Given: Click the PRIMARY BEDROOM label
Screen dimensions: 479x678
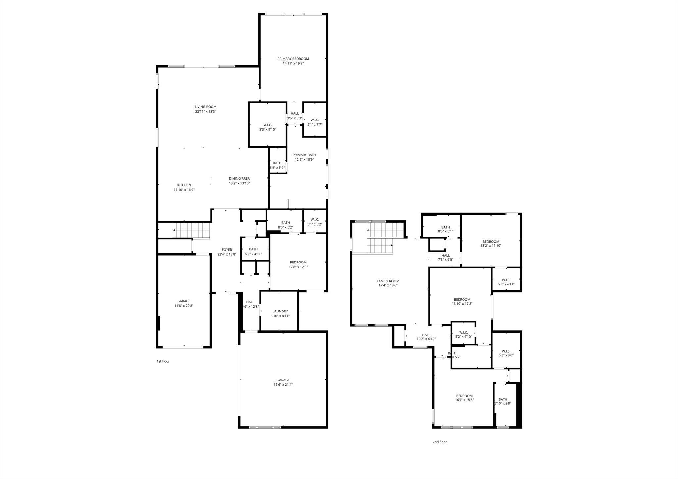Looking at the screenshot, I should point(293,59).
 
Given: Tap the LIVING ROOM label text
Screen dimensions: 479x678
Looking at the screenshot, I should point(205,107).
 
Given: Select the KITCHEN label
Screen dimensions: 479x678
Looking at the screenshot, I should point(184,185).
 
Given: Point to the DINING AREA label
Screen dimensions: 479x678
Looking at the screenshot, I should point(239,178).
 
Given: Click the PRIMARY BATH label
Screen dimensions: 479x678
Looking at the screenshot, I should point(304,155).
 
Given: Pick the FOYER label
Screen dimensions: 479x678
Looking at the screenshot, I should point(227,250).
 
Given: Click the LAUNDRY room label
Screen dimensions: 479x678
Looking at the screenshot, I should point(280,311).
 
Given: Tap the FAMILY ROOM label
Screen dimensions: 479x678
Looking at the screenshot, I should point(388,281).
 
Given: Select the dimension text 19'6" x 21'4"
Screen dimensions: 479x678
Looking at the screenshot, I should point(283,385).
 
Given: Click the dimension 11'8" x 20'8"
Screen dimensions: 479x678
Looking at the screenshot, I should point(184,306).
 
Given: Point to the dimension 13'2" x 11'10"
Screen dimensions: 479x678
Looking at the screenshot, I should point(491,246).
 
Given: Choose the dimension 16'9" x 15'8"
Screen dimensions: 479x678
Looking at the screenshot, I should point(464,400).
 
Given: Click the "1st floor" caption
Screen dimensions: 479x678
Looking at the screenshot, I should point(163,361).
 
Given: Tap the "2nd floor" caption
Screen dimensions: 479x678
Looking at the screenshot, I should point(440,442).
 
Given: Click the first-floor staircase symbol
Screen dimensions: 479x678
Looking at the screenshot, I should point(191,230).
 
